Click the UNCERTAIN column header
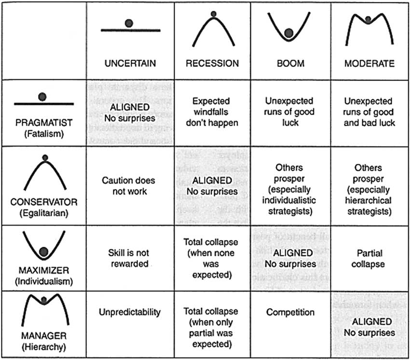click(130, 63)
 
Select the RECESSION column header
click(212, 63)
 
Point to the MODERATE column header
click(369, 63)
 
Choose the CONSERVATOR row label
click(43, 201)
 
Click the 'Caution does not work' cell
click(128, 186)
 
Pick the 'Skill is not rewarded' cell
click(128, 258)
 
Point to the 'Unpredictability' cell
click(129, 312)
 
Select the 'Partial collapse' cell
click(369, 258)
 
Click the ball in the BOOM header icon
click(289, 33)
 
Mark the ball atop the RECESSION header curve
click(213, 13)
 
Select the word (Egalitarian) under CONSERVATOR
click(43, 211)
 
